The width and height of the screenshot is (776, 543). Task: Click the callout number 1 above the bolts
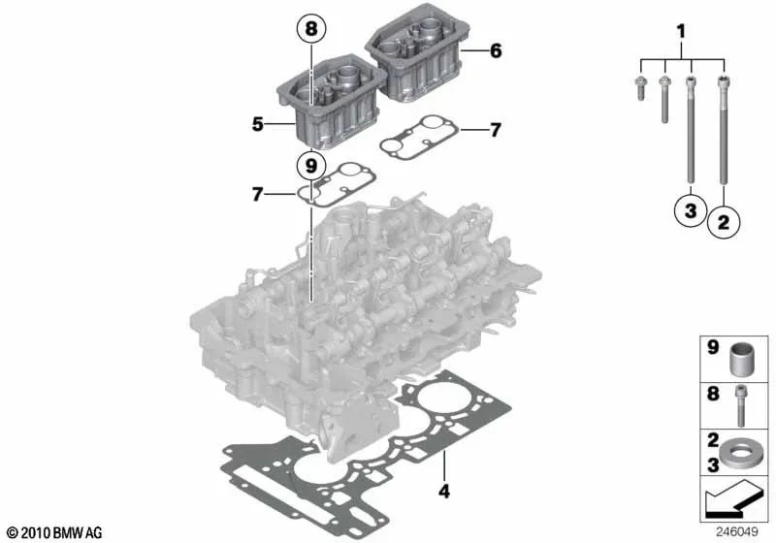[x=680, y=32]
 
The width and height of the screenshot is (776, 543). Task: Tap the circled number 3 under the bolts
[x=689, y=211]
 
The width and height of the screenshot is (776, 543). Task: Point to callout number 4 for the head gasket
[x=443, y=492]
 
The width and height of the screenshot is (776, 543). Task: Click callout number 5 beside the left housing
[x=258, y=124]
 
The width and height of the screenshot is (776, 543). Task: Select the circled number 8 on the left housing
[x=310, y=32]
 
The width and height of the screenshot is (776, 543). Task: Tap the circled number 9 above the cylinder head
[x=310, y=166]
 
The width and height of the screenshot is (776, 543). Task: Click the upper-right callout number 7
[x=495, y=129]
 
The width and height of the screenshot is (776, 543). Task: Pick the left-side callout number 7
[x=258, y=195]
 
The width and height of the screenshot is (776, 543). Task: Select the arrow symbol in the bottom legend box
[x=732, y=502]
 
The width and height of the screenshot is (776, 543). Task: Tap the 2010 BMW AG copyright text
[x=45, y=533]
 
